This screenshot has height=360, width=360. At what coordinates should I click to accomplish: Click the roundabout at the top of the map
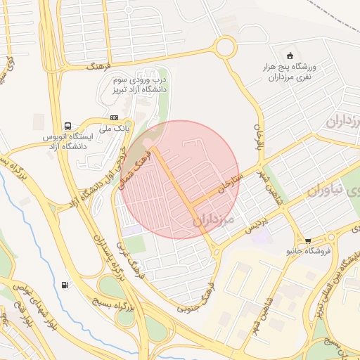[226, 47]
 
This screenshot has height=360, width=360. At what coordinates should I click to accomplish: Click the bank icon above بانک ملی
[115, 117]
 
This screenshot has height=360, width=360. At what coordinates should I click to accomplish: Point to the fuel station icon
[65, 285]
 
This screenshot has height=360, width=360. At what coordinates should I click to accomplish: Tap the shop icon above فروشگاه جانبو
[308, 240]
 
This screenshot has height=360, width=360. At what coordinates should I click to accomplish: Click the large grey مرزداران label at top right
[342, 121]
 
